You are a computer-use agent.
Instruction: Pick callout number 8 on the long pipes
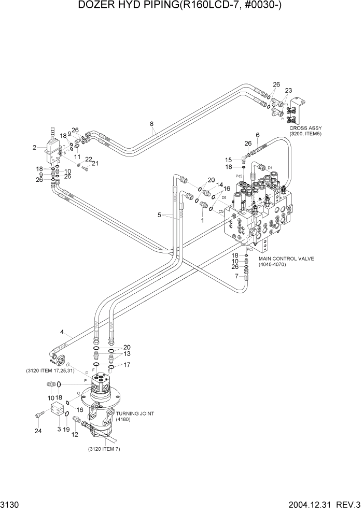coord(151,124)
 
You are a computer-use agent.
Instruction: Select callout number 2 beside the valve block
coord(34,147)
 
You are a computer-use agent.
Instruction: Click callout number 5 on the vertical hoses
coord(160,214)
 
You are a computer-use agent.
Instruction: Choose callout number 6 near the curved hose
coord(257,135)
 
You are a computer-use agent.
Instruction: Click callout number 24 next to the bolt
coord(37,430)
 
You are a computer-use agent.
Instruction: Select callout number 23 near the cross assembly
coord(288,90)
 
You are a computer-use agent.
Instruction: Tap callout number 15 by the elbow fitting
coord(228,160)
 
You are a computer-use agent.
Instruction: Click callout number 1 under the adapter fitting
coord(202,220)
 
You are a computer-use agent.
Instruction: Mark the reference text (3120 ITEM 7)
coord(104,449)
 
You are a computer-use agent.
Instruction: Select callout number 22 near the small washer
coord(88,160)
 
